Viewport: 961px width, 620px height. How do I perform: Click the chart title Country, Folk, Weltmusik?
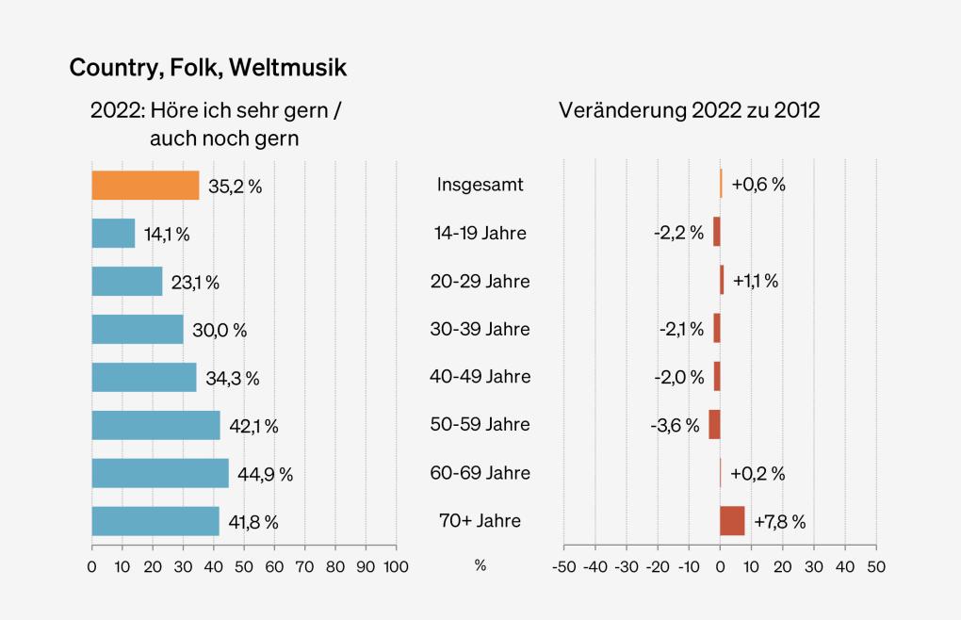point(208,68)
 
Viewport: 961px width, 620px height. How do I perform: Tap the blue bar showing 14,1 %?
point(113,234)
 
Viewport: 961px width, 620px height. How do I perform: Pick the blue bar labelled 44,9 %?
point(160,473)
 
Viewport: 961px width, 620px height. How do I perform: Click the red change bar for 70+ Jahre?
point(732,521)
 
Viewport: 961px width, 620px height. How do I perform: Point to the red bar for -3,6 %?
point(714,425)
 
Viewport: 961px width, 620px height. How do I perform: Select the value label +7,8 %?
point(778,522)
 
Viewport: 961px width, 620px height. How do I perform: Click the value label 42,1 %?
point(253,426)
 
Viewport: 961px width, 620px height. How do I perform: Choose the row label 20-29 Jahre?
point(480,282)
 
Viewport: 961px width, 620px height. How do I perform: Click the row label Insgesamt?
point(480,186)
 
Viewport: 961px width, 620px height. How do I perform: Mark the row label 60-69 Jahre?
point(480,473)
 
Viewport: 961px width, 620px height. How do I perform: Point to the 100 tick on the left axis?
point(396,567)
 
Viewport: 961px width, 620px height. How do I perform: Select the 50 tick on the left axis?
point(244,567)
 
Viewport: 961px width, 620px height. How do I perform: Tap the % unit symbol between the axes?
point(480,566)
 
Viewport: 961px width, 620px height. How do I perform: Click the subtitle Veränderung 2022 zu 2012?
point(690,110)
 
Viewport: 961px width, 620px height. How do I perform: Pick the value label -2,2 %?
point(679,234)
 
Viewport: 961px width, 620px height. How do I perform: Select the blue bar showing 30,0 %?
point(138,330)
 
